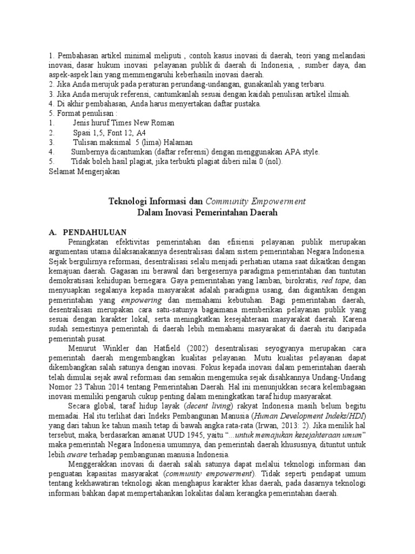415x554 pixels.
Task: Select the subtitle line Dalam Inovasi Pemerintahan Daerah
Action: (x=207, y=214)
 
